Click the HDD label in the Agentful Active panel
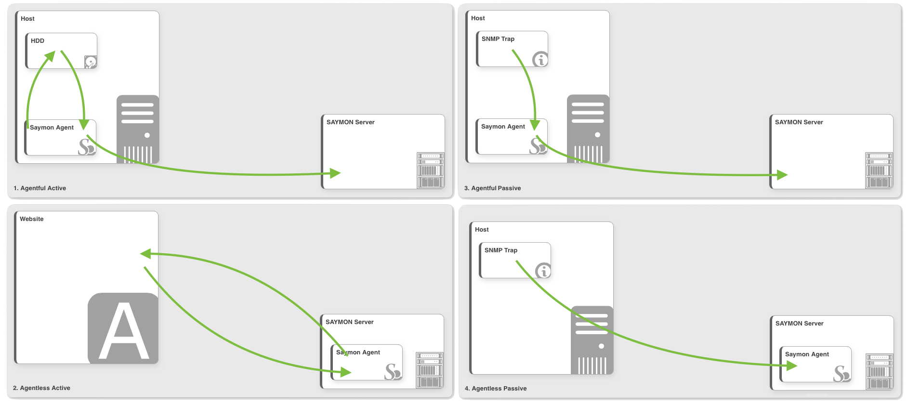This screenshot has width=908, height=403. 38,41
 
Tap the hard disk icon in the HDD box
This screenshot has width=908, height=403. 91,62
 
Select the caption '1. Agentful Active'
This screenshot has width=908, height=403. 40,188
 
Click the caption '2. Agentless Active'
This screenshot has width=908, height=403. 41,388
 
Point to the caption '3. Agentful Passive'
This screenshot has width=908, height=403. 492,188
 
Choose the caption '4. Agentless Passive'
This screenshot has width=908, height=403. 496,389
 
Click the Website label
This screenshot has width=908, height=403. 32,219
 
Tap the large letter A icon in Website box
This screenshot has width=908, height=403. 123,328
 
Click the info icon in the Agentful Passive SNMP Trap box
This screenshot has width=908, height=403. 540,59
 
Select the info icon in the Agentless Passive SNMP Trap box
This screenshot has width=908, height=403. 543,271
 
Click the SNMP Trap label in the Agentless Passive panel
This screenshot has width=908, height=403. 501,250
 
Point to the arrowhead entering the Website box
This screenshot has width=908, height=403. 145,254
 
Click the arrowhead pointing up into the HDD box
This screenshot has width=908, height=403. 50,56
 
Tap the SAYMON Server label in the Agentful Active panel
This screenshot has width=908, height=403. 351,122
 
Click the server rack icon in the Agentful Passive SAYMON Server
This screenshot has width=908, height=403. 879,170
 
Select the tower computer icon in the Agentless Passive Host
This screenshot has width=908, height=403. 592,340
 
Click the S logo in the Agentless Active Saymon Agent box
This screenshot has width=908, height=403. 393,372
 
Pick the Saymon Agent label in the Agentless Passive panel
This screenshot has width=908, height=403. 807,354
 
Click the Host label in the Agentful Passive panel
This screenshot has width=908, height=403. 478,18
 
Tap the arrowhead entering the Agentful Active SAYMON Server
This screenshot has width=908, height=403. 335,173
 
